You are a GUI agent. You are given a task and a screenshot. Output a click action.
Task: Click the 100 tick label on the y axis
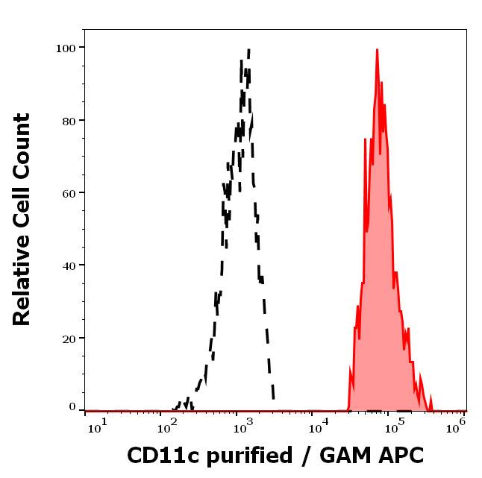tap(66, 48)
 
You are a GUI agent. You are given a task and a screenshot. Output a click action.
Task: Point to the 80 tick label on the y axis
tap(69, 120)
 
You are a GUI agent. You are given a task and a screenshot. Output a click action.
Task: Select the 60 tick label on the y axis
tap(69, 192)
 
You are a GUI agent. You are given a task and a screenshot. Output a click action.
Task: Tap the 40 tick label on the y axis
tap(69, 265)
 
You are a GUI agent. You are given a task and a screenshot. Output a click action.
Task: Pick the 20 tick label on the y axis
tap(69, 338)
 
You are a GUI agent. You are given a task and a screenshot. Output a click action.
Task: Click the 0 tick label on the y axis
tap(72, 408)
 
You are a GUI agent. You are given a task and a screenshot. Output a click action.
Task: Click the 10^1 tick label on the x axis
tap(98, 426)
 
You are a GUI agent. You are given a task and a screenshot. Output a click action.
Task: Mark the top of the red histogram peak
tap(378, 50)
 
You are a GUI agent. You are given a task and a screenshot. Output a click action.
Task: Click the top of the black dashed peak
tap(248, 50)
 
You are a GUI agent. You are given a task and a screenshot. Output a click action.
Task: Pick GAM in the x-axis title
tap(341, 456)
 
